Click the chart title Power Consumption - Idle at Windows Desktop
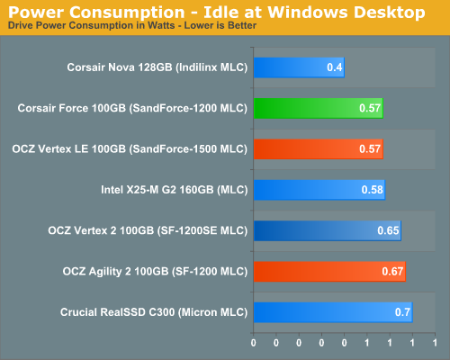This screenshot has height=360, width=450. point(216,12)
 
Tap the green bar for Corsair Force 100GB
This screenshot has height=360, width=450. point(318,108)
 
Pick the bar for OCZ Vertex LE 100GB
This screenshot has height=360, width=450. point(318,148)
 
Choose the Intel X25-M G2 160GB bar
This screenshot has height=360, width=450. point(319,189)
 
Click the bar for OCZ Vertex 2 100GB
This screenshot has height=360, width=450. point(327,230)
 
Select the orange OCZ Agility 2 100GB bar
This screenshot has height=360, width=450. point(329,271)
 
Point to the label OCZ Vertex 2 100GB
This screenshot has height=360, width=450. point(147,230)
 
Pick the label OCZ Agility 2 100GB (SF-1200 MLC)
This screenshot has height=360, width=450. point(154,271)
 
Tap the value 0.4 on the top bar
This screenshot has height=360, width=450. point(334,68)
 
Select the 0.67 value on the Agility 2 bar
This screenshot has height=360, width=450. point(391,272)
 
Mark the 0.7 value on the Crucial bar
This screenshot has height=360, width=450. point(401,312)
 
